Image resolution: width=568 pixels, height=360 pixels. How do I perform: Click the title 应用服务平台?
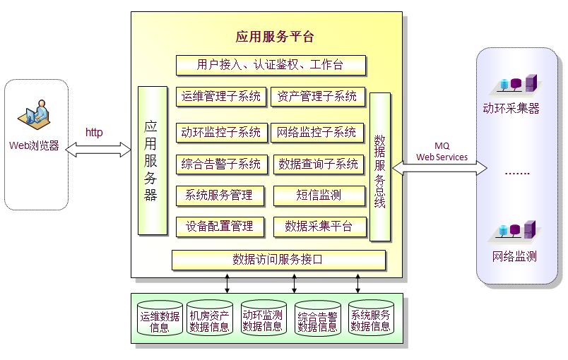click(275, 37)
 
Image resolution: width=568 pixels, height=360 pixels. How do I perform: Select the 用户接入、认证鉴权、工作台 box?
click(271, 65)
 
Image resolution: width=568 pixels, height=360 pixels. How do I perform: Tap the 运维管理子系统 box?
click(220, 97)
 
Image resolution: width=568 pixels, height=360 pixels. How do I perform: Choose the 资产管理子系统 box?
click(317, 97)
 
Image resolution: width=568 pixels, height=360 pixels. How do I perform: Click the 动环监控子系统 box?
click(220, 132)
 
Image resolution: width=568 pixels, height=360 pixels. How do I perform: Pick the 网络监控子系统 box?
click(317, 132)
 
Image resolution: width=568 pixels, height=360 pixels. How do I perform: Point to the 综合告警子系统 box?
click(220, 164)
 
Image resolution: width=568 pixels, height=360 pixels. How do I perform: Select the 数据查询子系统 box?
click(319, 164)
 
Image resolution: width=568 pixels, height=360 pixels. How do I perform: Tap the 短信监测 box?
click(319, 196)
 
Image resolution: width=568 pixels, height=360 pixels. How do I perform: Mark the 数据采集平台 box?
click(319, 227)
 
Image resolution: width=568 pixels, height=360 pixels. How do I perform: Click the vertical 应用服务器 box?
click(152, 160)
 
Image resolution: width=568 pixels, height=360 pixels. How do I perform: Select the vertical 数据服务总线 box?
click(379, 167)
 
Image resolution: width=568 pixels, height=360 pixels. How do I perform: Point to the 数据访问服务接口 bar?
click(278, 260)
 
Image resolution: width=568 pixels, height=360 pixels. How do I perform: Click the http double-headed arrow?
click(99, 148)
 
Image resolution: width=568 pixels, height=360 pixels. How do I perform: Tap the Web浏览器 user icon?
click(37, 116)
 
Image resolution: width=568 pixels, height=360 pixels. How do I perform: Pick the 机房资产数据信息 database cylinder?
click(209, 320)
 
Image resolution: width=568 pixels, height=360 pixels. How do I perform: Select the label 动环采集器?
click(511, 109)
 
